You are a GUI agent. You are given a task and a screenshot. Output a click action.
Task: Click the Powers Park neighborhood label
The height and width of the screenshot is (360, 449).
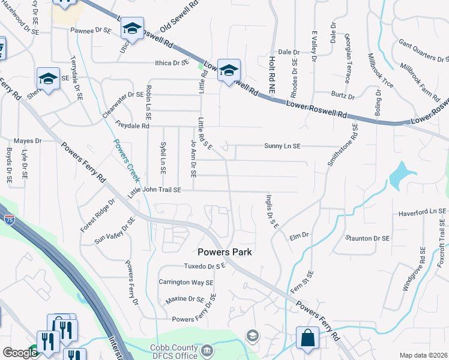225,252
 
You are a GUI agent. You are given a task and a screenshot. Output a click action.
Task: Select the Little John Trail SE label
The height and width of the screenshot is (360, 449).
154,191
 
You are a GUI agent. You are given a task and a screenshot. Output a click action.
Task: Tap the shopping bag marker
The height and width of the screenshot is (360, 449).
308,337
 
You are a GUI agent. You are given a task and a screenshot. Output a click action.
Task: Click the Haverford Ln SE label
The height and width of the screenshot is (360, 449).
423,212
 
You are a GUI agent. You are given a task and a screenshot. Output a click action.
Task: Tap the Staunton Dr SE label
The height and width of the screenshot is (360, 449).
367,238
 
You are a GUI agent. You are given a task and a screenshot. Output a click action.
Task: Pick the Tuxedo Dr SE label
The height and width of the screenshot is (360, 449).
204,266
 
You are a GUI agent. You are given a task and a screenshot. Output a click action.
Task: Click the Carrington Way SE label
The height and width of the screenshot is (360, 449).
185,282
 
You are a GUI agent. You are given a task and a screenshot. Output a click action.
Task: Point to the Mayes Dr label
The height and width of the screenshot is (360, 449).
28,141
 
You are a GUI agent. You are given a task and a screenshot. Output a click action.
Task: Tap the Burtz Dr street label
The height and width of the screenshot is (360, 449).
343,95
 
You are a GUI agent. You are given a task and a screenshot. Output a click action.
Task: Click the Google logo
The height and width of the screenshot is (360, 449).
20,353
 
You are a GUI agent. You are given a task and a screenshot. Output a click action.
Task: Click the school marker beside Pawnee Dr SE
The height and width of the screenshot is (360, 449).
132,28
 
